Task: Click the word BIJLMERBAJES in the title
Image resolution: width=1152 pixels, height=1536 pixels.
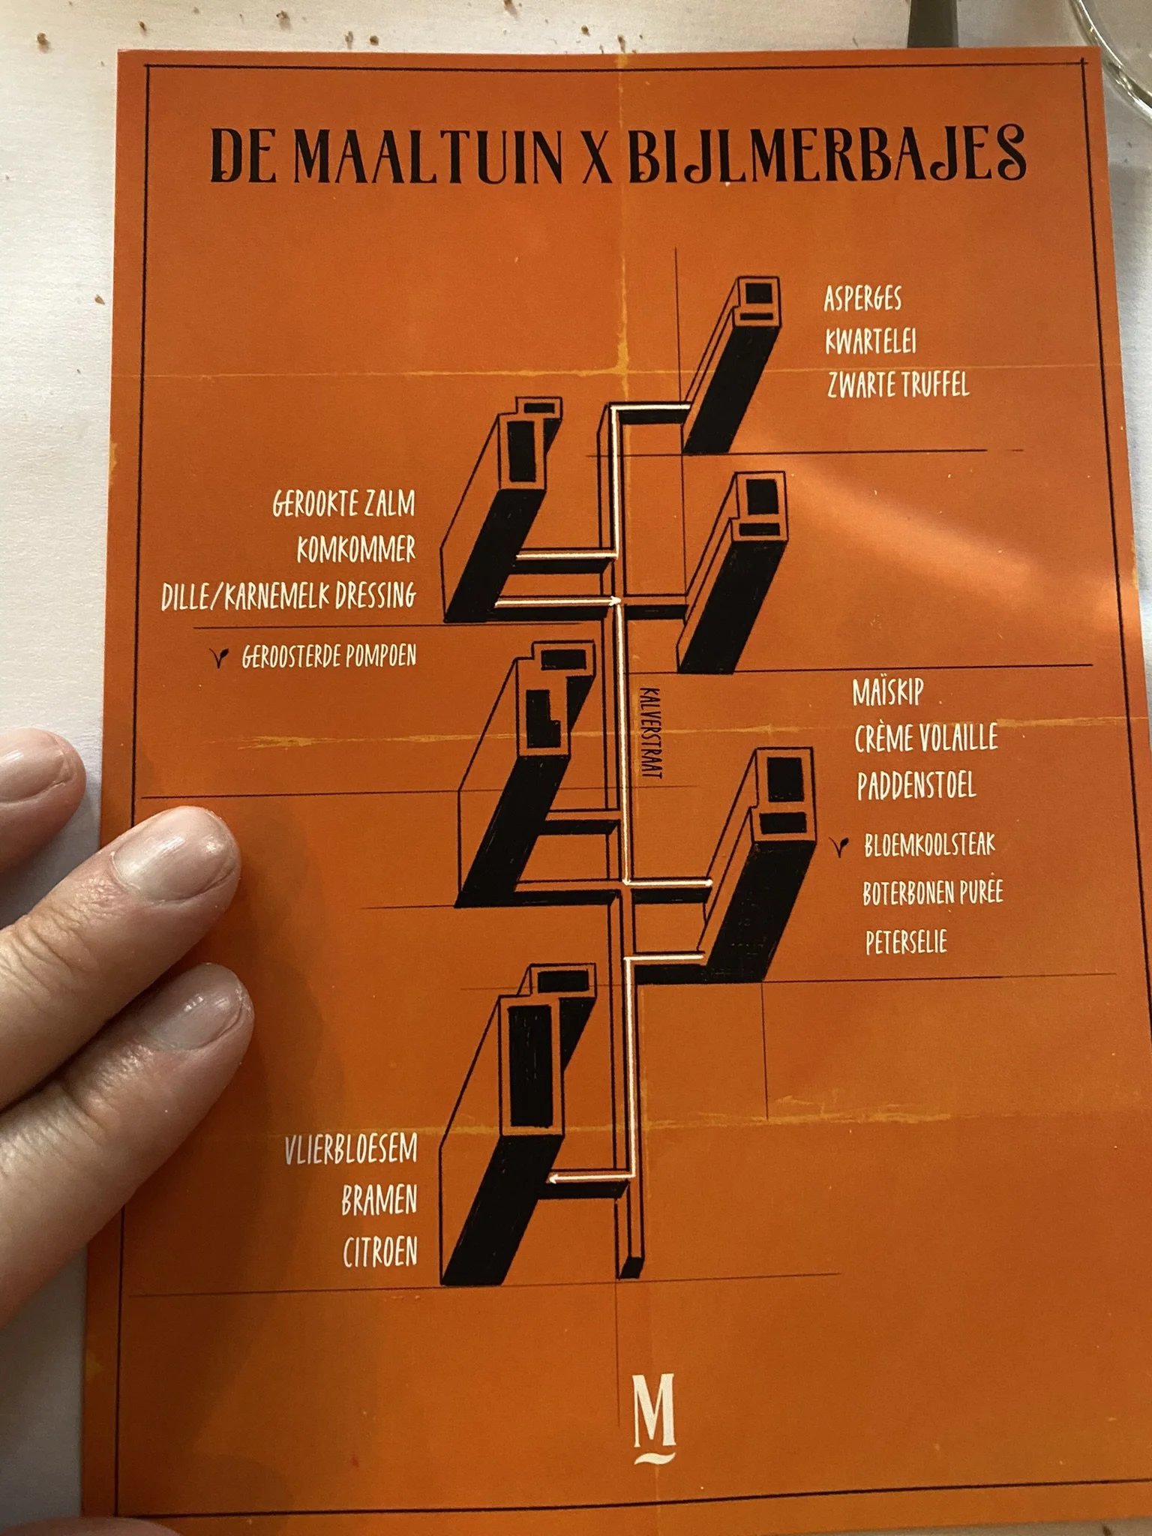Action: click(825, 154)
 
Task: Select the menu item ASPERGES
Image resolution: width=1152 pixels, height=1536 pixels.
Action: click(862, 298)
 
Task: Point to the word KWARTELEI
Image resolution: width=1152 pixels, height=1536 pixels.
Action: click(870, 342)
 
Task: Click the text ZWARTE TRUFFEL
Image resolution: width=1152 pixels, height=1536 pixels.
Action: click(898, 385)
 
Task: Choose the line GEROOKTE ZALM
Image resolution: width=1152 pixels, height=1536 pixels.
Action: click(343, 503)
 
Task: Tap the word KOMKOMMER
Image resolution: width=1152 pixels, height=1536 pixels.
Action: click(355, 550)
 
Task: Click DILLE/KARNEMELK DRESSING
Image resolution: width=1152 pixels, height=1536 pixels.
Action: click(289, 596)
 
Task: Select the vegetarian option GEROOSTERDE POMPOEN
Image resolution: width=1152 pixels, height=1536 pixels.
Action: click(328, 658)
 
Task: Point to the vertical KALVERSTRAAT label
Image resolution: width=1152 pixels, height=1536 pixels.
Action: click(649, 733)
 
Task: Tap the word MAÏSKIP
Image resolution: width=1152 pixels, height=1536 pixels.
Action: click(887, 692)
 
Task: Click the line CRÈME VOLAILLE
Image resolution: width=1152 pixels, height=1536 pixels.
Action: click(926, 739)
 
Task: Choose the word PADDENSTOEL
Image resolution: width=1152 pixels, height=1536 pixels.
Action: click(916, 785)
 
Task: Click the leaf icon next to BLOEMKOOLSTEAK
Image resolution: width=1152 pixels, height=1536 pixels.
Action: click(842, 846)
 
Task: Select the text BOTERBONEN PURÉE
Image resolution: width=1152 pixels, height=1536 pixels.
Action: click(932, 893)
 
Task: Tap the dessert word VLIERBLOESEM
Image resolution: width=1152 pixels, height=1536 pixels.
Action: click(350, 1150)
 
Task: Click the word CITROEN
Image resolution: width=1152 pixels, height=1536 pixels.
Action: click(379, 1252)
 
